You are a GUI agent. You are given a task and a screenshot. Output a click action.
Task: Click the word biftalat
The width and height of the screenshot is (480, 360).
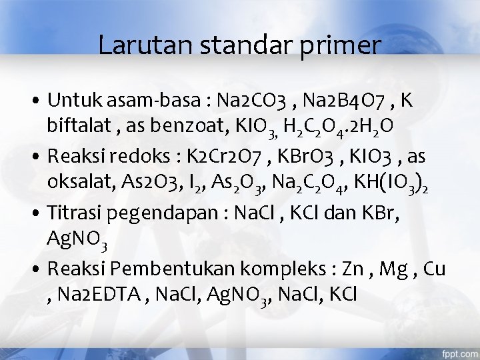click(x=78, y=127)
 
